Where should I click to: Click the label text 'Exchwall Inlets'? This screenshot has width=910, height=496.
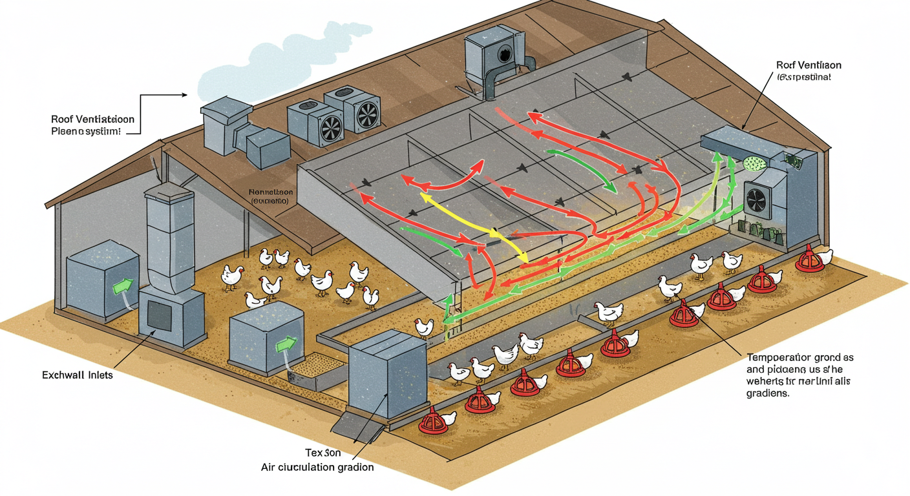click(77, 375)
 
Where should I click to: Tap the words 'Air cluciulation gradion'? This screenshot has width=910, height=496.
click(317, 467)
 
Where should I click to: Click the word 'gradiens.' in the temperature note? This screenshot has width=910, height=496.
click(768, 393)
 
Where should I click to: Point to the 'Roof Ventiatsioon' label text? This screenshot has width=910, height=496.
click(92, 119)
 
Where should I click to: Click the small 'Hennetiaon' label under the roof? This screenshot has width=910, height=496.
click(270, 192)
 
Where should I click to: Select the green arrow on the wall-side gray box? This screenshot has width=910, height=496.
click(122, 285)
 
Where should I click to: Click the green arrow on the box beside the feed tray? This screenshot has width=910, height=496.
click(284, 344)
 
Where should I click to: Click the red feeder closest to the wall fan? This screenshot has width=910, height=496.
click(809, 260)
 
